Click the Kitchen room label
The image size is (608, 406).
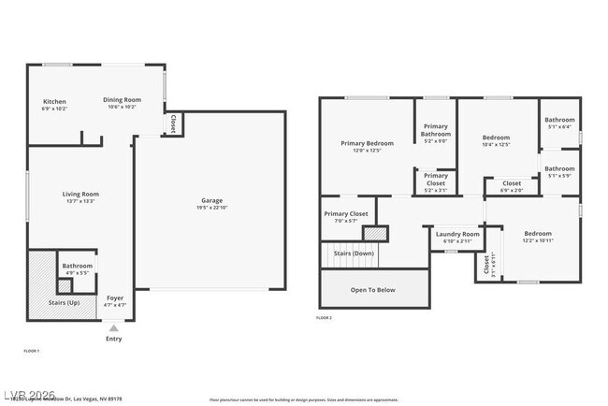[x=54, y=101]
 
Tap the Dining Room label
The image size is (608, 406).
[x=122, y=100]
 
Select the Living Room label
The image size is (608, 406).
[x=80, y=195]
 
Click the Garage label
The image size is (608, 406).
[x=212, y=201]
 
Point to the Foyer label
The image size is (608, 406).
[x=114, y=297]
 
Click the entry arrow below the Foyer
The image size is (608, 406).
[x=113, y=327]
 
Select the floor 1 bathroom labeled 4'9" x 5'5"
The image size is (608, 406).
[x=77, y=268]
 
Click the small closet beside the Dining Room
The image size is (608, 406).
[x=173, y=123]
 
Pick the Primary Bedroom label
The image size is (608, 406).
[x=367, y=143]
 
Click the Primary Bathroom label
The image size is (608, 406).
[x=436, y=130]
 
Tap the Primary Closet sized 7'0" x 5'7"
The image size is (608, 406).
[x=347, y=214]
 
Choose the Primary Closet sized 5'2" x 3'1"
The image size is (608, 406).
[x=436, y=179]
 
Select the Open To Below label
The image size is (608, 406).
[x=372, y=290]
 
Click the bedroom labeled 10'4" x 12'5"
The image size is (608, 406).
[x=497, y=140]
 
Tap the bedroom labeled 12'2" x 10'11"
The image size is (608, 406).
[x=537, y=237]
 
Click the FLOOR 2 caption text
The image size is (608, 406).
[x=324, y=318]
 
